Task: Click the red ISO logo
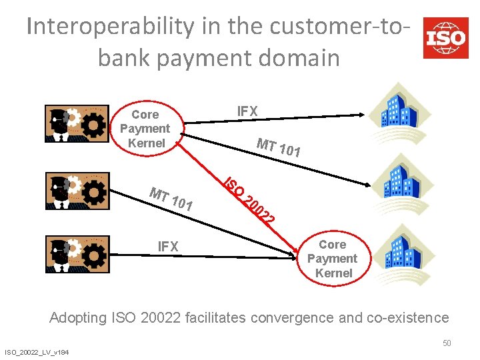pos(445,37)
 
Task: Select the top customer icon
pos(75,124)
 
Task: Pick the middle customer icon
pos(75,191)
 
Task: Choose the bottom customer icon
pos(75,254)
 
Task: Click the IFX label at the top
pos(247,111)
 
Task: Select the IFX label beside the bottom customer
pos(168,247)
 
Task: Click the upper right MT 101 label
pos(279,147)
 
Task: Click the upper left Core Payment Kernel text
pos(145,129)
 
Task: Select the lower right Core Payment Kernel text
pos(332,259)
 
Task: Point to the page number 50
pos(447,343)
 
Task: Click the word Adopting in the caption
pos(79,317)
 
